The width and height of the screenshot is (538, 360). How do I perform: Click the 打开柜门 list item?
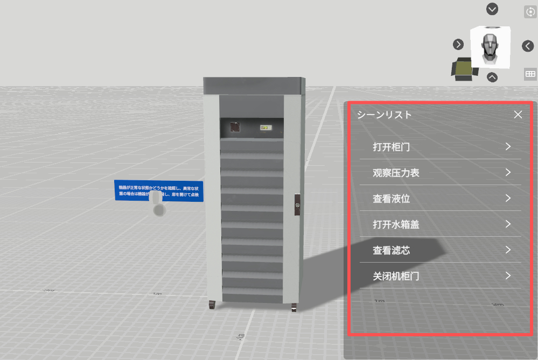pos(395,146)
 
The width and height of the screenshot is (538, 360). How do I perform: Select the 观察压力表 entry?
pos(396,173)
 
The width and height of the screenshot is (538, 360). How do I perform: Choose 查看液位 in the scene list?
pos(392,199)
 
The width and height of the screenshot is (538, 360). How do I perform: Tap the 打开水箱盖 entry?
pos(396,224)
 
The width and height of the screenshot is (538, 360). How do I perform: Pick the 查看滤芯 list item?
pos(392,250)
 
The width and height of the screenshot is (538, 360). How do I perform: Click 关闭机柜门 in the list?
pos(396,276)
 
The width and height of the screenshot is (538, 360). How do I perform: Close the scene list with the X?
pos(518,115)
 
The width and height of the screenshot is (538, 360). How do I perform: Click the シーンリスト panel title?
pos(384,115)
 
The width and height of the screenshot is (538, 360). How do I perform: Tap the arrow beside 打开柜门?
pos(508,146)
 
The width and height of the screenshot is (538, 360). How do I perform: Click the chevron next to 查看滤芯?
pos(508,250)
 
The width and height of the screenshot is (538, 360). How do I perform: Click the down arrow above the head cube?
pos(492,9)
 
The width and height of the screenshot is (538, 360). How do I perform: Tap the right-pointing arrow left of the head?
pos(458,44)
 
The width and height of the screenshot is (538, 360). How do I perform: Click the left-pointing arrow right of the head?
pos(528,46)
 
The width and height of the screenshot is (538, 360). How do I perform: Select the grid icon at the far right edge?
pos(530,74)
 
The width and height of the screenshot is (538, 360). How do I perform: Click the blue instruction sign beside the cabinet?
pos(159,191)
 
